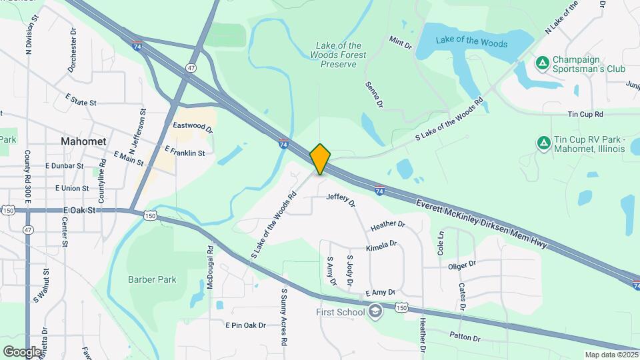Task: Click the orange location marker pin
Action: coord(321,159)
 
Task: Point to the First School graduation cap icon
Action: coord(375,311)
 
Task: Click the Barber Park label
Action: coord(152,279)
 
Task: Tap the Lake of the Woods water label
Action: coord(471,43)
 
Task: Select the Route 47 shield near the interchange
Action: coord(191,68)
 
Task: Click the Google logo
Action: coord(22,351)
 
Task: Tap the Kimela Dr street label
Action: coord(381,247)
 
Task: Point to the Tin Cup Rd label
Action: coord(585,115)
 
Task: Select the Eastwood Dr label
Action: coord(192,125)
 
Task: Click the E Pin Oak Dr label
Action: coord(245,325)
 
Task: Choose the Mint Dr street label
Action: coord(401,43)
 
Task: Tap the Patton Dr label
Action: coord(465,337)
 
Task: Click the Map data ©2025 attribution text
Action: coord(611,355)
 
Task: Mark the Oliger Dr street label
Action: coord(462,264)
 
